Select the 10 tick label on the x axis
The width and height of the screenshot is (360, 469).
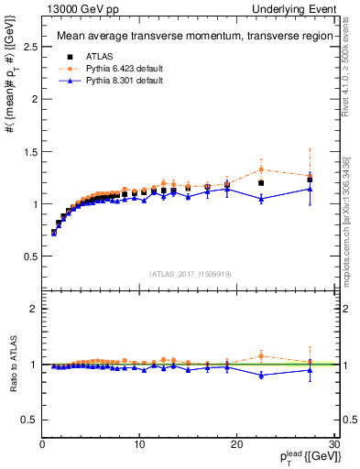pos(138,445)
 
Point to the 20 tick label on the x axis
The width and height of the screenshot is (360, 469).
pos(235,445)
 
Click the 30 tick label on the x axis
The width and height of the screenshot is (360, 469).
pos(333,445)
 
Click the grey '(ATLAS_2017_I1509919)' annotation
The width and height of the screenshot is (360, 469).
pos(191,273)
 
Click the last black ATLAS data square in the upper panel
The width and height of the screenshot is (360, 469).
pos(310,180)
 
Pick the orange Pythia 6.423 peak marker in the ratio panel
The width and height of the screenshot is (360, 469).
pos(261,355)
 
